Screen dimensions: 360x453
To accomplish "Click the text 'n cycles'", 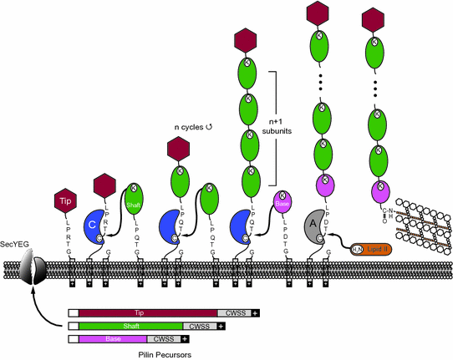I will coord(189,127).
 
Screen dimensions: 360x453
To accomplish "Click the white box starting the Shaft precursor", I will coord(74,326).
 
